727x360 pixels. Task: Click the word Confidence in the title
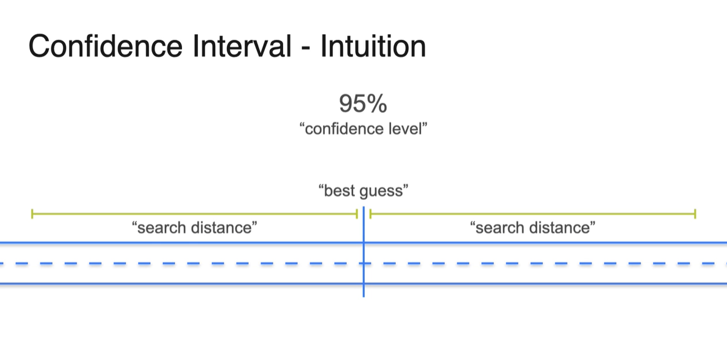pos(105,46)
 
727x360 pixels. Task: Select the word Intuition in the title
pos(373,46)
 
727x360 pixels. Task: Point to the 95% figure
pos(363,104)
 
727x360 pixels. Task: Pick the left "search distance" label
pos(195,228)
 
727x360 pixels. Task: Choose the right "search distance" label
pos(533,228)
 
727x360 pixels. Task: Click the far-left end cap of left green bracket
pos(32,214)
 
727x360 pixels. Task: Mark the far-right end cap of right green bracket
pos(695,214)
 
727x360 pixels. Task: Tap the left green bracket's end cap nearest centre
pos(357,214)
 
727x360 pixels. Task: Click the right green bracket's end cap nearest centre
pos(370,214)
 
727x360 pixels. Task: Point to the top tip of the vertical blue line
pos(363,207)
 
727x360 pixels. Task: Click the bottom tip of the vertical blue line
pos(363,296)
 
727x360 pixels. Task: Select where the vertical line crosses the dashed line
pos(363,264)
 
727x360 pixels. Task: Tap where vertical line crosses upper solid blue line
pos(363,243)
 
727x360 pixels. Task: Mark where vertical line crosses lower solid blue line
pos(363,283)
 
